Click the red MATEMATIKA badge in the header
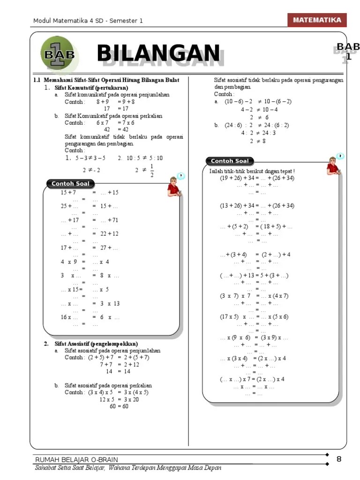click(x=317, y=20)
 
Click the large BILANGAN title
click(x=158, y=53)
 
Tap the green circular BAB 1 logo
click(x=59, y=53)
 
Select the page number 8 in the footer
click(x=339, y=459)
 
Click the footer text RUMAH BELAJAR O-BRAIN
click(x=77, y=459)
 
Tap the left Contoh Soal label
click(x=70, y=184)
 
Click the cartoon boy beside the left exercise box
click(x=173, y=187)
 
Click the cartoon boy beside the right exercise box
click(x=334, y=165)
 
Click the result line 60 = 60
click(x=119, y=406)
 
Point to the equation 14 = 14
click(x=118, y=371)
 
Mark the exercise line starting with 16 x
click(x=90, y=317)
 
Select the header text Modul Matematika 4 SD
click(x=87, y=21)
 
